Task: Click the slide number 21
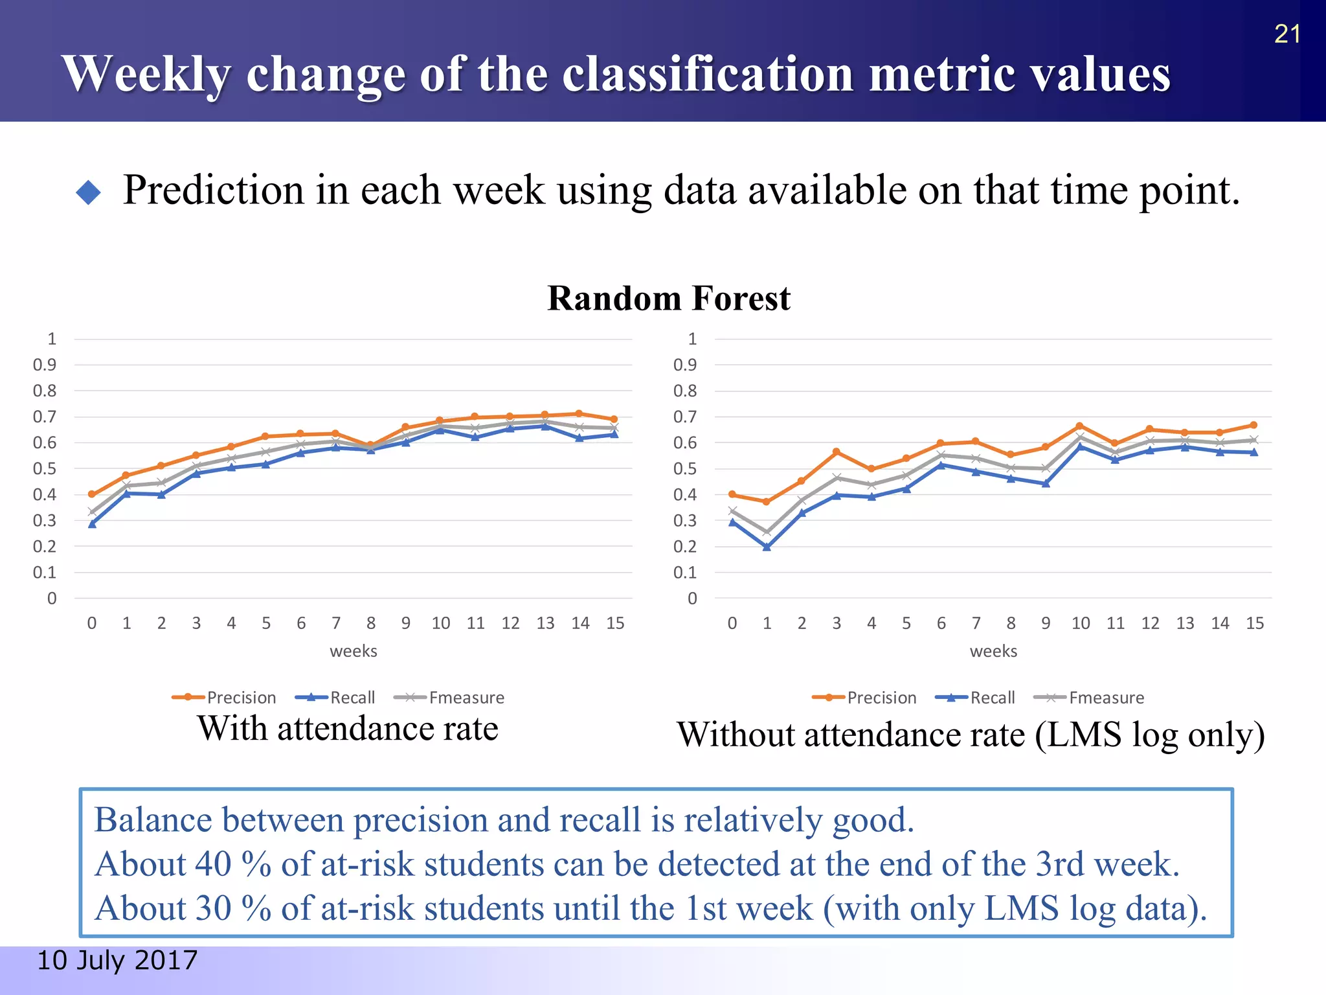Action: (x=1287, y=34)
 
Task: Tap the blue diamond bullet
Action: (x=89, y=192)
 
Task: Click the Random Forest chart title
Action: (x=668, y=299)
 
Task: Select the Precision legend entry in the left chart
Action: (x=224, y=698)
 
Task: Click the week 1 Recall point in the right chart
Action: (x=767, y=547)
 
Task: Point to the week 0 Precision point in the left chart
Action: (x=92, y=494)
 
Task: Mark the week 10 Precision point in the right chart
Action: (x=1079, y=426)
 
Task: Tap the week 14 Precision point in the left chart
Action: (x=579, y=414)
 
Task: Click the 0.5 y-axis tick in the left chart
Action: (x=44, y=468)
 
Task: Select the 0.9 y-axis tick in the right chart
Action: (x=684, y=365)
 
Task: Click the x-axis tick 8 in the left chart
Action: (x=370, y=623)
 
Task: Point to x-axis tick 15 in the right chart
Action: (x=1255, y=623)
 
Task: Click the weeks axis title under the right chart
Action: (x=993, y=651)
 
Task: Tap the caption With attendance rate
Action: (x=348, y=728)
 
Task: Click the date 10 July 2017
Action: (x=117, y=960)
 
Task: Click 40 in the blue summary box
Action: (x=213, y=864)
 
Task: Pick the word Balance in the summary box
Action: (x=153, y=820)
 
